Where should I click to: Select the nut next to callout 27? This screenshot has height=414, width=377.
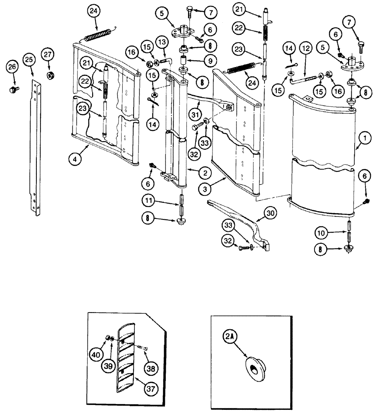(48, 76)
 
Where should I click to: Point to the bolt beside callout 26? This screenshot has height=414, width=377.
(13, 89)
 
